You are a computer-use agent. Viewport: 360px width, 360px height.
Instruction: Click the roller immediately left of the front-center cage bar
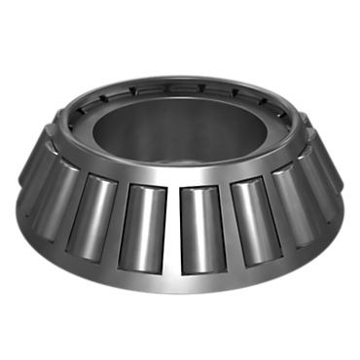tap(141, 226)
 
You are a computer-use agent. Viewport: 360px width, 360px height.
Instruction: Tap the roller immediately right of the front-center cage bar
tap(201, 227)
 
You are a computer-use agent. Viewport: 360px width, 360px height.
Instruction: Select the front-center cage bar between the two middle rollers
tap(172, 230)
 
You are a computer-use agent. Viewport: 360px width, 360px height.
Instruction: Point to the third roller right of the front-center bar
tap(293, 202)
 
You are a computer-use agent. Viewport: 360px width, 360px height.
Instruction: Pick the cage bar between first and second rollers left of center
tap(116, 222)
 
